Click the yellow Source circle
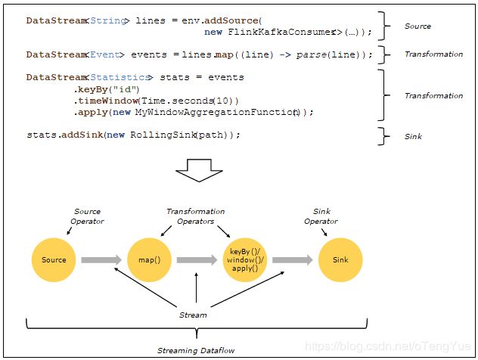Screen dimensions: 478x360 click(54, 259)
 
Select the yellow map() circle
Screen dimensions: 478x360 click(150, 259)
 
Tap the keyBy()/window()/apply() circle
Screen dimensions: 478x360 click(245, 259)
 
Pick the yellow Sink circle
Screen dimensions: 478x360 click(340, 259)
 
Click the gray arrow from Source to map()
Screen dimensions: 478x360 click(101, 260)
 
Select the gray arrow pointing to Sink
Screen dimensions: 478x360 click(293, 260)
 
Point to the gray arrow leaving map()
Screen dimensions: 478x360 click(197, 260)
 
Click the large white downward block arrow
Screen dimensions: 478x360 click(199, 170)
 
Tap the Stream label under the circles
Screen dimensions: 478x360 click(193, 315)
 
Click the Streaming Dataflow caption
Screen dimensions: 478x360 click(196, 351)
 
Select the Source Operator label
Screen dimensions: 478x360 click(87, 216)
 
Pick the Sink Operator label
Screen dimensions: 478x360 click(321, 216)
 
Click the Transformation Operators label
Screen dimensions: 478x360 click(196, 216)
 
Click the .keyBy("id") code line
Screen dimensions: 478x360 click(107, 89)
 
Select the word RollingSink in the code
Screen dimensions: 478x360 click(163, 135)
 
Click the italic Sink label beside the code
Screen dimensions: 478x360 click(413, 137)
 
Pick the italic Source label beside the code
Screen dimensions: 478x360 click(417, 26)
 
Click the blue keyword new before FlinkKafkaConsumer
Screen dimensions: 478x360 click(213, 32)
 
